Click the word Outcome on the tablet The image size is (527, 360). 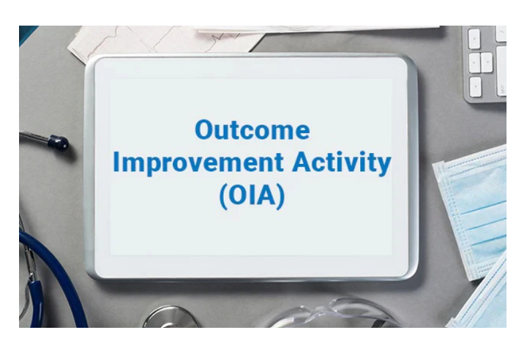252,130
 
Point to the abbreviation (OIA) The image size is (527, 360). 251,197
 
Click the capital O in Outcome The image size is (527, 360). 205,130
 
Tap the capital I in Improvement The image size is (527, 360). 116,162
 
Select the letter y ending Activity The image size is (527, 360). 383,166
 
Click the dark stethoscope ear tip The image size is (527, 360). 59,142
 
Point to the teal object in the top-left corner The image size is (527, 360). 27,32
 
